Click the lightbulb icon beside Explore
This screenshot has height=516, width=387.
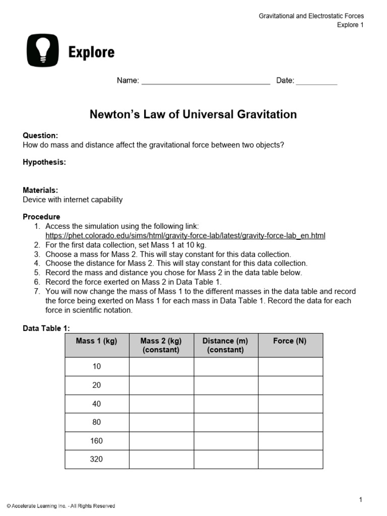(x=42, y=50)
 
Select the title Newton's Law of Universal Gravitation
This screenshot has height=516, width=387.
(x=193, y=114)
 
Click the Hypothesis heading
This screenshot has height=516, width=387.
(x=44, y=162)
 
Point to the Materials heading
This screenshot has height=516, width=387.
(x=40, y=190)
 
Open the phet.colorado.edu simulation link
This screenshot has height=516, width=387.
(x=185, y=235)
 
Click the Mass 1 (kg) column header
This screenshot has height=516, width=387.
(x=97, y=341)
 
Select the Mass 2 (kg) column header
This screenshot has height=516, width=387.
(x=161, y=345)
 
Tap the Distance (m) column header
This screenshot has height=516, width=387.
(x=226, y=345)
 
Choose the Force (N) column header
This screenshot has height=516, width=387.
(x=290, y=341)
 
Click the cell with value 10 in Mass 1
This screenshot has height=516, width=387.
(x=97, y=366)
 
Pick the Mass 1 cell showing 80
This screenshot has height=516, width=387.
(x=97, y=422)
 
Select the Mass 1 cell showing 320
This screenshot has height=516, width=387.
(x=97, y=460)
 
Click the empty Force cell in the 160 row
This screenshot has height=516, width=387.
(x=290, y=441)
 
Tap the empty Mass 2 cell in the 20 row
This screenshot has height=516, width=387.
(x=161, y=385)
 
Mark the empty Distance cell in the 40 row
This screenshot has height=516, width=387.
(x=226, y=404)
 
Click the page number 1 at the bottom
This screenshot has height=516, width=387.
(x=361, y=499)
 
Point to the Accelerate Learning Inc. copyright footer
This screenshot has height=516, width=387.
(x=61, y=506)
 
